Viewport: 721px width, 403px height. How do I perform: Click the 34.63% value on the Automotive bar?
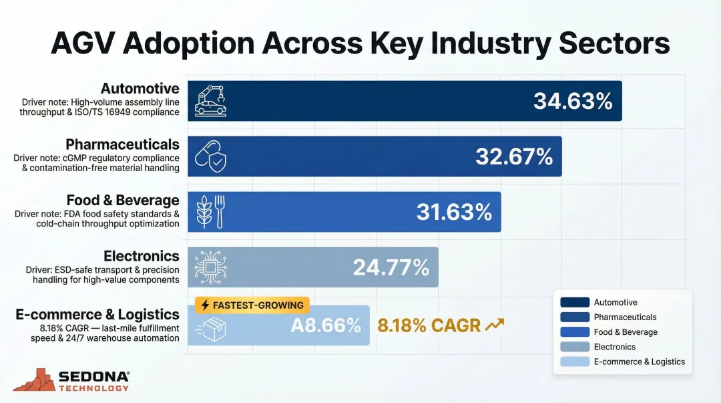click(x=573, y=101)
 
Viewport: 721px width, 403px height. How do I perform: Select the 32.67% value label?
click(x=514, y=156)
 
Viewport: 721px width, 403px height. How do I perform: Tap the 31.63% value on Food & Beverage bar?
click(x=454, y=212)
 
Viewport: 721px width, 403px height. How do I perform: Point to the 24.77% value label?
click(x=391, y=267)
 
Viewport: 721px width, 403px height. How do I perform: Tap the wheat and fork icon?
click(x=208, y=212)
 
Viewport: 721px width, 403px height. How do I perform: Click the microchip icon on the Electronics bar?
click(x=206, y=267)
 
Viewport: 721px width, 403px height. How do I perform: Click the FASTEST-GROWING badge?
click(x=252, y=305)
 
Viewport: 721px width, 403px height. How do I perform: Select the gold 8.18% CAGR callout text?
click(x=429, y=325)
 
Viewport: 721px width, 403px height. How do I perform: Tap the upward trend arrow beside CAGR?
click(x=495, y=325)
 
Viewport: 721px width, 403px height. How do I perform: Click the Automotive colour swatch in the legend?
click(x=575, y=302)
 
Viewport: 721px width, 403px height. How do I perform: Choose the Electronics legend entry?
click(x=614, y=347)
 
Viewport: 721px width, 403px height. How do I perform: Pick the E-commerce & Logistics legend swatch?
click(x=575, y=362)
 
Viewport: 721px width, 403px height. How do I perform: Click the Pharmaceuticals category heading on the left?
click(x=122, y=144)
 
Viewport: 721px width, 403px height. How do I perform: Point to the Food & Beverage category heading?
click(x=123, y=200)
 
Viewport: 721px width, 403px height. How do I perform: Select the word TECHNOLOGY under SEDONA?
click(x=94, y=388)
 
